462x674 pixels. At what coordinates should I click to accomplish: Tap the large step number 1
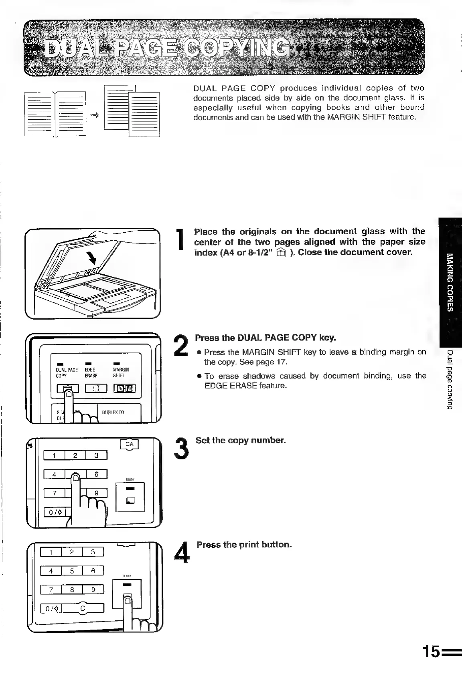180,240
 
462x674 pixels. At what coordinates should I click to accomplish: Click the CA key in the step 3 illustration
129,444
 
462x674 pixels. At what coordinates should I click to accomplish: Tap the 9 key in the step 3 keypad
96,493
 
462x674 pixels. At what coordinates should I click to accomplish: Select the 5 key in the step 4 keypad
71,570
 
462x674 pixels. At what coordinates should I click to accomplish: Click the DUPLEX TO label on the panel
113,412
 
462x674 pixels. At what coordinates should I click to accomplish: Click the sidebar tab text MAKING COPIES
451,282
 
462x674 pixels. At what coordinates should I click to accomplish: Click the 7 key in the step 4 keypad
51,589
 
